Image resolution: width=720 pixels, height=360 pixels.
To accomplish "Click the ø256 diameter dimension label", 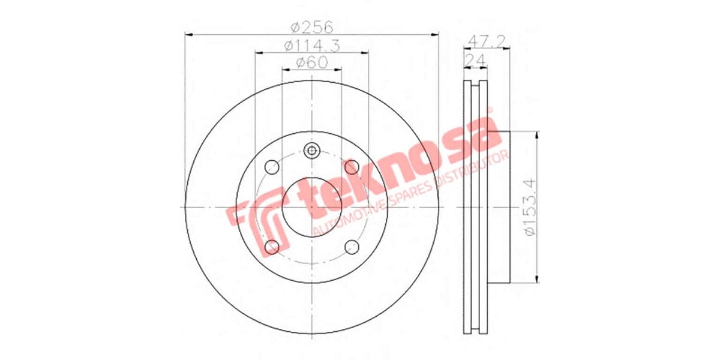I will pos(311,26).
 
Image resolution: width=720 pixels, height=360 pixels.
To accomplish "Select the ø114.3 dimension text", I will pos(311,45).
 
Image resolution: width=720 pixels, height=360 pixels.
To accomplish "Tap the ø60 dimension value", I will pos(311,62).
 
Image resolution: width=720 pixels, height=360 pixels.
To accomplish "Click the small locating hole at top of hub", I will pos(311,151).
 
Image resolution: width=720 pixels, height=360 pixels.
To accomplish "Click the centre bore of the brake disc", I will pos(311,207).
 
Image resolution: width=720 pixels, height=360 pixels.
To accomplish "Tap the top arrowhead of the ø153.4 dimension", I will pos(538,136).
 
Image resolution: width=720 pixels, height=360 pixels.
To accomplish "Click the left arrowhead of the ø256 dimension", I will pos(188,35).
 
